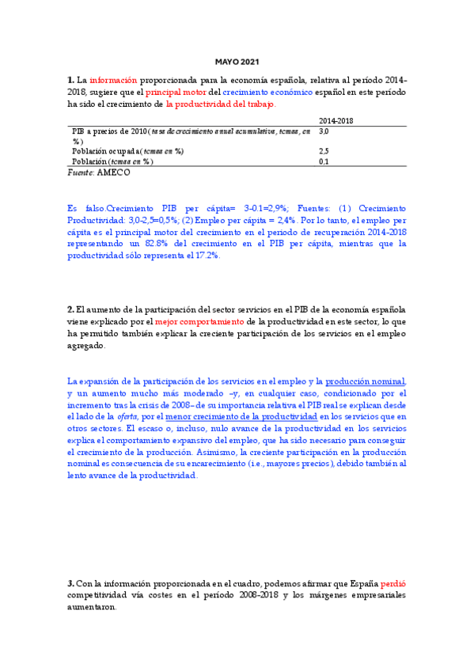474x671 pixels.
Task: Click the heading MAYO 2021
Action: click(237, 62)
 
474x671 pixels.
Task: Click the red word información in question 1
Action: click(113, 80)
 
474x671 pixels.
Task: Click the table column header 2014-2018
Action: click(336, 119)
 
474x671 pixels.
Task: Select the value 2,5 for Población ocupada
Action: click(324, 150)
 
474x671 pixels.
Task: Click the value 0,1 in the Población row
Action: click(324, 161)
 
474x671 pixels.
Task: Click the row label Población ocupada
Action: click(107, 150)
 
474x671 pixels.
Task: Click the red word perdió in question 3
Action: click(393, 583)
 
